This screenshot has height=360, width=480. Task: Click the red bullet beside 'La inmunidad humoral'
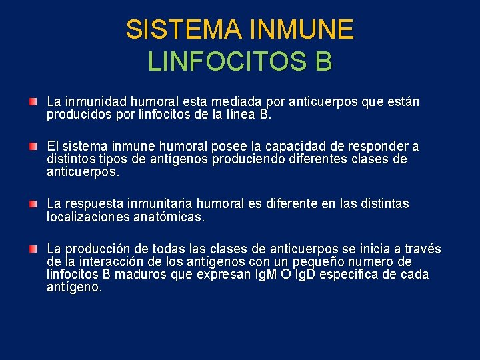tap(33, 102)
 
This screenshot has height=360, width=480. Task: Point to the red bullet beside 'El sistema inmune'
tap(33, 146)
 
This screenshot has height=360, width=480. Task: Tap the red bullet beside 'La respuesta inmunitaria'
tap(33, 203)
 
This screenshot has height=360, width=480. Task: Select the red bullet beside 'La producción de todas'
tap(33, 248)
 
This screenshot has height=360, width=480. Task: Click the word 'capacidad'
tap(288, 147)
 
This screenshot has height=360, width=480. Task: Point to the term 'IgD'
tap(301, 275)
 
